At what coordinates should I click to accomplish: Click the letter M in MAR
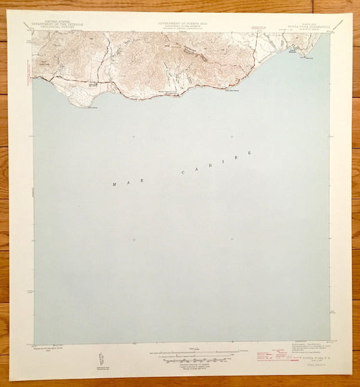click(114, 184)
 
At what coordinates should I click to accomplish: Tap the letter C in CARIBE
click(182, 174)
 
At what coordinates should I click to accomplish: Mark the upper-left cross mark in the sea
click(134, 137)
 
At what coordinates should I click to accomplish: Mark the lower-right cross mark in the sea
click(232, 238)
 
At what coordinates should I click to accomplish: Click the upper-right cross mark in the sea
click(232, 136)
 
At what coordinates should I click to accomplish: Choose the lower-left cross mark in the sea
click(134, 239)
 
